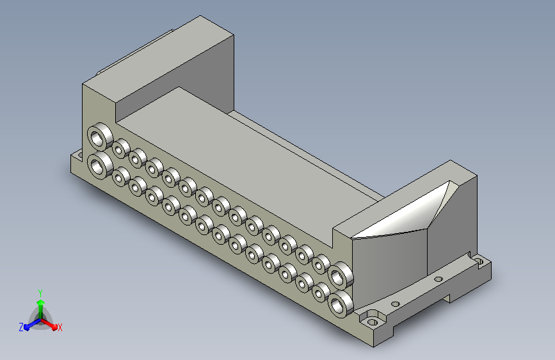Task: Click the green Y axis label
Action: click(40, 293)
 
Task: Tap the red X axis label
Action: click(60, 327)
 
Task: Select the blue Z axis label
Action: click(21, 327)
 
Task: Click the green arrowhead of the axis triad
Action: click(41, 302)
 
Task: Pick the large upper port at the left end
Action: click(100, 136)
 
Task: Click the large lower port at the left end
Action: click(100, 165)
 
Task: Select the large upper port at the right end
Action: click(341, 275)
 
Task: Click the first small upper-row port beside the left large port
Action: click(121, 149)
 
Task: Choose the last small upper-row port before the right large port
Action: click(321, 264)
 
